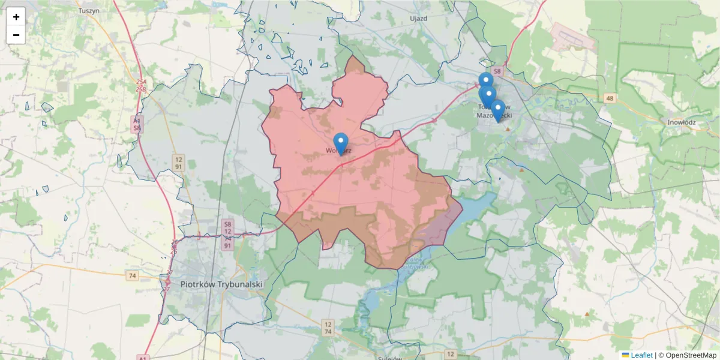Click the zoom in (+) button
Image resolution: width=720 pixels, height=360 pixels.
point(16,17)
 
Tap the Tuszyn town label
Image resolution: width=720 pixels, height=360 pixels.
point(88,11)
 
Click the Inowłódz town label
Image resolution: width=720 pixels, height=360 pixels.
point(681,122)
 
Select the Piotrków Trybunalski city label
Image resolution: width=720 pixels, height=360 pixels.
point(221,284)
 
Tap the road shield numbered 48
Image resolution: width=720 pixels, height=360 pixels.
point(610,98)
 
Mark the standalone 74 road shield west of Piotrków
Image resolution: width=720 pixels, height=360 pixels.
point(133,275)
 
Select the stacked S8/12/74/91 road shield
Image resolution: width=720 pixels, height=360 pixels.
point(227,234)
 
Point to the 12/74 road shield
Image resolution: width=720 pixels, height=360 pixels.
point(328,328)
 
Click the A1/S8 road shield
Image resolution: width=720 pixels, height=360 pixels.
point(137,124)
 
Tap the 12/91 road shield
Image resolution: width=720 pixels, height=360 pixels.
point(179,162)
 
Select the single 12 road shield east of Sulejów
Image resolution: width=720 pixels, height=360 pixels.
point(451,354)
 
